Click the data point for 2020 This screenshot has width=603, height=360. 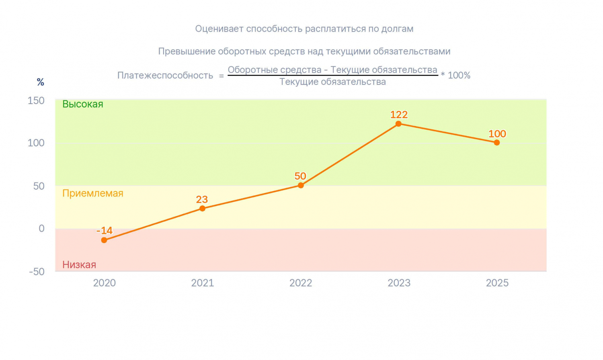tap(104, 240)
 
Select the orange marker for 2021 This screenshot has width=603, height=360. tap(203, 208)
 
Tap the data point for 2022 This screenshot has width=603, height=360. tap(301, 185)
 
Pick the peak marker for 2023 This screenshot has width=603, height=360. tap(398, 124)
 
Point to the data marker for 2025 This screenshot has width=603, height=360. tap(497, 143)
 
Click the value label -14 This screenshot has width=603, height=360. tap(105, 231)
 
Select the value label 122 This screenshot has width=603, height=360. tap(399, 115)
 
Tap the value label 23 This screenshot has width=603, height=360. tap(202, 200)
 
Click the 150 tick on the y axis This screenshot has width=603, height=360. tap(36, 100)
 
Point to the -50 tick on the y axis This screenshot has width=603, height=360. tap(37, 272)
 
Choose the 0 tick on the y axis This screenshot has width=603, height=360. tap(41, 229)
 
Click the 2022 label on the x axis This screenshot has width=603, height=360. tap(301, 283)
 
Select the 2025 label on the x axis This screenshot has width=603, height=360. tap(497, 283)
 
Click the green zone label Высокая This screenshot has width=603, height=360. tap(83, 104)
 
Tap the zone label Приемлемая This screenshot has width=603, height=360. tap(93, 193)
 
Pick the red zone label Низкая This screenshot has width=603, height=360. tap(79, 265)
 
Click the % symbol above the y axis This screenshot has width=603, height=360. tap(40, 82)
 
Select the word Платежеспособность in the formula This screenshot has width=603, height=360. tap(165, 76)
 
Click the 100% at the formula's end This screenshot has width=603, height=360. tap(459, 76)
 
